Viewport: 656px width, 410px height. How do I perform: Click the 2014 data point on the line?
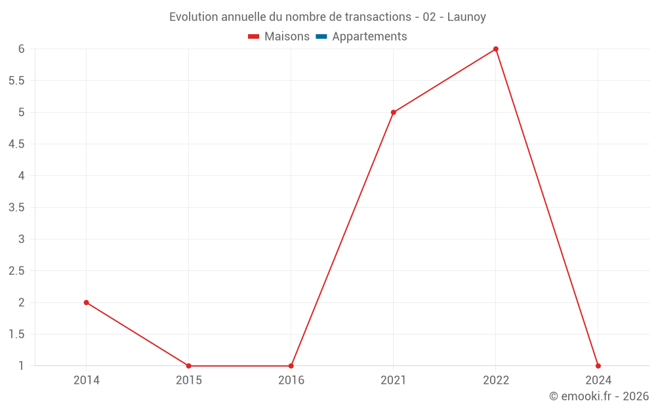coord(87,302)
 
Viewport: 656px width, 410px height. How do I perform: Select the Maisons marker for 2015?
coord(189,366)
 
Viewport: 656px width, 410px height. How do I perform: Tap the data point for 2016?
coord(291,366)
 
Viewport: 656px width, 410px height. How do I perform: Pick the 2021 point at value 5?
coord(394,112)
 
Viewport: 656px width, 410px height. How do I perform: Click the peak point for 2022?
coord(496,49)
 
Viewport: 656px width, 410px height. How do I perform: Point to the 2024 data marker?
coord(598,366)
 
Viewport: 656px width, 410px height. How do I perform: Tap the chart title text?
coord(327,17)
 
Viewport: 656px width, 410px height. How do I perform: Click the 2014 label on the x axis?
coord(87,380)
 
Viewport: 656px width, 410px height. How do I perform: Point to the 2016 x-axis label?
coord(291,380)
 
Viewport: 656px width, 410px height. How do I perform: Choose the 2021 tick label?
coord(394,380)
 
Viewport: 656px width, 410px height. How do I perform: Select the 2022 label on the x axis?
coord(496,380)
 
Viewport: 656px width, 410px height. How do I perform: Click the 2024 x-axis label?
coord(598,380)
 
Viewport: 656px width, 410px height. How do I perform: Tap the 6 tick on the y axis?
coord(22,49)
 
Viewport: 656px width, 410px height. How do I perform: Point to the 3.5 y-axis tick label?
coord(17,207)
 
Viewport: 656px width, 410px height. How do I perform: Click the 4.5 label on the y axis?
coord(17,144)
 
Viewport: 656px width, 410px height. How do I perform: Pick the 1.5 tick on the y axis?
coord(17,335)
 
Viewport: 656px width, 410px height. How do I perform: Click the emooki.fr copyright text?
coord(599,396)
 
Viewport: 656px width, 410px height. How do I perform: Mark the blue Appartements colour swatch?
coord(321,37)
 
